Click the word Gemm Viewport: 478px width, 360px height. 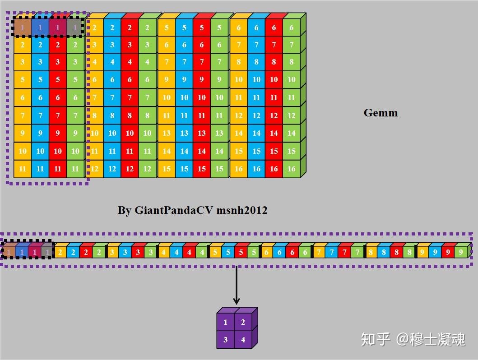pos(381,113)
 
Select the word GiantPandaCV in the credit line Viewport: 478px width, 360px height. pos(174,210)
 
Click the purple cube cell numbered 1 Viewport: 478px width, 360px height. pos(226,323)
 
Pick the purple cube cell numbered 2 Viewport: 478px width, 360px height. pos(243,323)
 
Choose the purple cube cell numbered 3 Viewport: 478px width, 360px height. pos(226,340)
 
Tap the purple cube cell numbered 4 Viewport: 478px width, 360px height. pos(243,340)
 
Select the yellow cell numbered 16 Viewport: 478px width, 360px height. pos(239,169)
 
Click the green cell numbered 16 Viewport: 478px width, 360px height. pos(292,169)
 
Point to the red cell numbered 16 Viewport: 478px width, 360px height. pos(274,169)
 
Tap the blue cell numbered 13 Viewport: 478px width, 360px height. pos(184,133)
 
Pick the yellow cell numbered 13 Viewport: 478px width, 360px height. pos(167,133)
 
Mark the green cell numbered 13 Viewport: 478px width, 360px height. pos(219,133)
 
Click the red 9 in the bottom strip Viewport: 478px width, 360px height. pos(448,252)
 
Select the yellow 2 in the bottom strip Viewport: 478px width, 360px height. pos(60,252)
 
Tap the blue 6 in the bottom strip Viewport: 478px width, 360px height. pos(280,252)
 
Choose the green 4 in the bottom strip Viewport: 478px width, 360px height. pos(202,252)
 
